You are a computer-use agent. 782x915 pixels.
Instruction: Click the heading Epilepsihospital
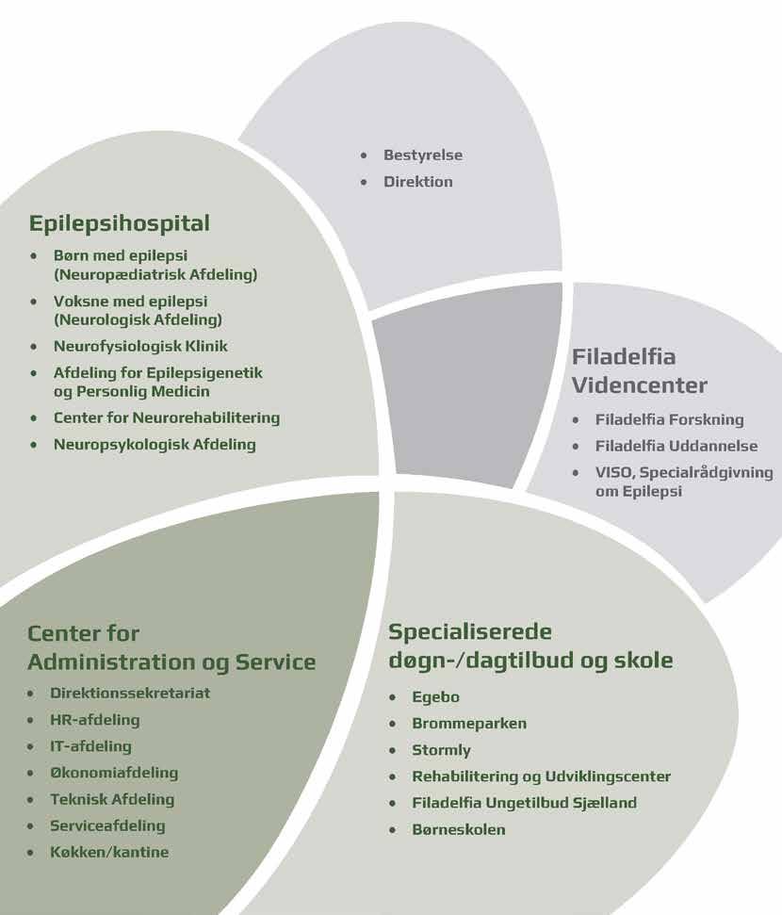120,223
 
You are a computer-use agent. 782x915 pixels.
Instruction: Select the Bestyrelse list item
422,155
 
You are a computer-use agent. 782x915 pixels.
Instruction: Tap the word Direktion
417,181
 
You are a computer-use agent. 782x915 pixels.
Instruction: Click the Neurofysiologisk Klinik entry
140,346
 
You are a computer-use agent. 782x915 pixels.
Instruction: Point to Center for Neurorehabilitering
167,417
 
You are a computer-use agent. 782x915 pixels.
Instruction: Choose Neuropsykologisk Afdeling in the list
155,444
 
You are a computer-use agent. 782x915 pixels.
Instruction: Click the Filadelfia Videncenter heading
640,371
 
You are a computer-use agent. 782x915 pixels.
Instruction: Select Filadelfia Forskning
669,419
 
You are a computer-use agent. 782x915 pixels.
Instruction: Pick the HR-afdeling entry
94,720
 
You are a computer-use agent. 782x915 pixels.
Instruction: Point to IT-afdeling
90,746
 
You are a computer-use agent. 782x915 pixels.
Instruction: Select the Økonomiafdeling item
114,773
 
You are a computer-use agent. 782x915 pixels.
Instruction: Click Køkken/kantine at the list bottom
109,852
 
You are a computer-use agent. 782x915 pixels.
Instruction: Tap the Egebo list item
435,697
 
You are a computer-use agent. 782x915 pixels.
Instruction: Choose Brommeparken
468,724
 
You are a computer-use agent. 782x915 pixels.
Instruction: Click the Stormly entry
441,750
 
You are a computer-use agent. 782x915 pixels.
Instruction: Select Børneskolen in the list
458,829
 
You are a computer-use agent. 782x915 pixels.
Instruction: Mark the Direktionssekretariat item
130,694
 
